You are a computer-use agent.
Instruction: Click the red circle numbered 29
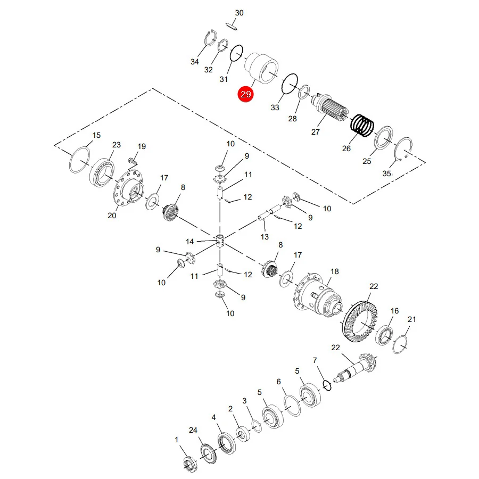(x=246, y=94)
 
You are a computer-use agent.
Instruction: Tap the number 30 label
(x=239, y=13)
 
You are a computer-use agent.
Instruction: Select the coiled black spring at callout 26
(x=362, y=126)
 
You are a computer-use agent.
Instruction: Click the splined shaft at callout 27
(x=330, y=107)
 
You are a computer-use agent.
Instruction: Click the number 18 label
(x=335, y=271)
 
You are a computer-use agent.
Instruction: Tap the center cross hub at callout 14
(x=220, y=241)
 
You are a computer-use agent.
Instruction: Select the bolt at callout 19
(x=133, y=160)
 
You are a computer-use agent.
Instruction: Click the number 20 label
(x=112, y=216)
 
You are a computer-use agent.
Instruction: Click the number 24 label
(x=193, y=430)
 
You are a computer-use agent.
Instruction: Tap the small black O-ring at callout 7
(x=327, y=385)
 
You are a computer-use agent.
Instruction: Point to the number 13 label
(x=265, y=237)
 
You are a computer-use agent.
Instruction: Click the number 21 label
(x=412, y=319)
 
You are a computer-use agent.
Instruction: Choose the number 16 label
(x=395, y=311)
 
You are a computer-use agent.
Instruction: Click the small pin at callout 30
(x=233, y=27)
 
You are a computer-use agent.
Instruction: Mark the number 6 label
(x=278, y=382)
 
